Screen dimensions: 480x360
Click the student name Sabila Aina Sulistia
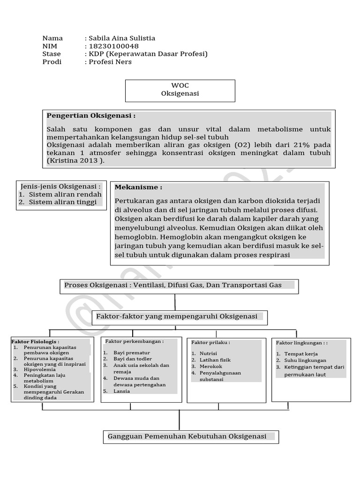coord(122,38)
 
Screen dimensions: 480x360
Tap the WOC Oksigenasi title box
coord(180,90)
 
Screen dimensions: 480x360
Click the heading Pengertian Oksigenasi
coord(91,116)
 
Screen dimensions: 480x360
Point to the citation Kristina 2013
coord(76,161)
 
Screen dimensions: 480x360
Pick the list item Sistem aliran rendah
coord(65,194)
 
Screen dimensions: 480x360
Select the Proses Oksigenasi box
coord(179,285)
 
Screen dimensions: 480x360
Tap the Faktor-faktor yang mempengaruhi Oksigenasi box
coord(180,316)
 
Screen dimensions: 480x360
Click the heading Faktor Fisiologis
coord(35,342)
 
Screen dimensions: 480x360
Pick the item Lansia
coord(121,390)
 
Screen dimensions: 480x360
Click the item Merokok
coord(211,366)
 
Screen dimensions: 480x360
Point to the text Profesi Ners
coord(110,62)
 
